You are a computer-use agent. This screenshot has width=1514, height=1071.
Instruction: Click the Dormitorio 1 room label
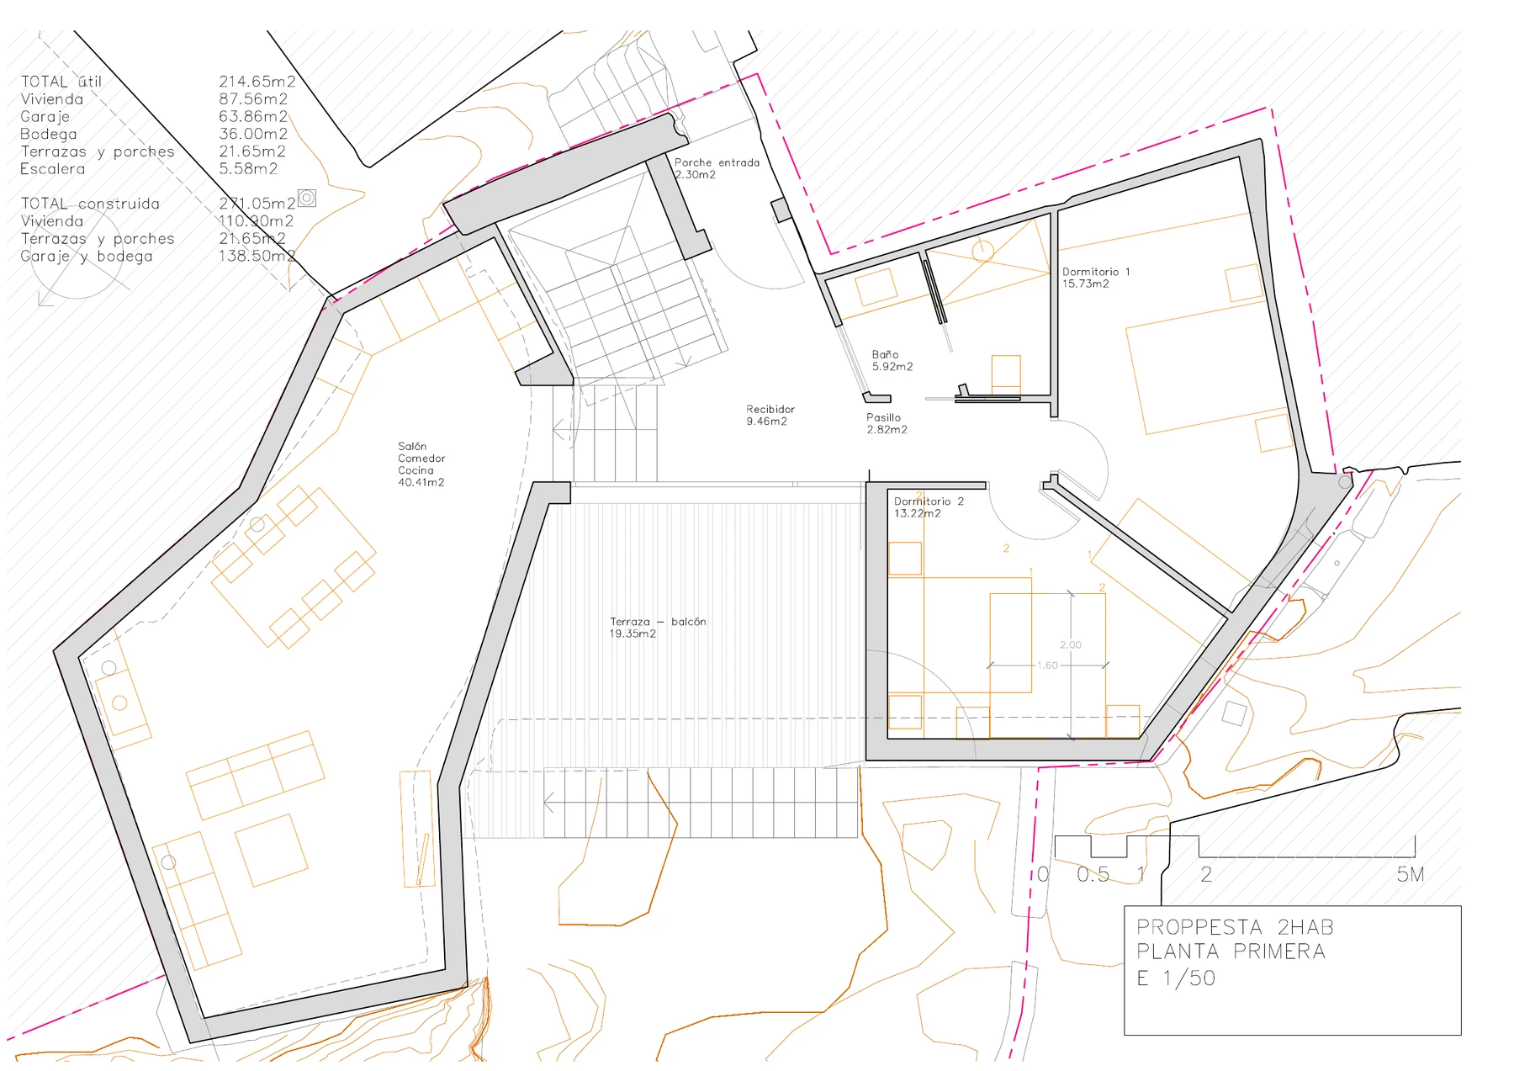1096,272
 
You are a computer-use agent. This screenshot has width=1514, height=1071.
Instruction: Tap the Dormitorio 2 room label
929,501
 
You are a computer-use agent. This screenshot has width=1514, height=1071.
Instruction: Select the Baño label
885,355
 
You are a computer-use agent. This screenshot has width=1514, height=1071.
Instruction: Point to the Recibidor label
770,410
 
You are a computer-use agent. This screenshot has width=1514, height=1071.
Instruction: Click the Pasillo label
883,417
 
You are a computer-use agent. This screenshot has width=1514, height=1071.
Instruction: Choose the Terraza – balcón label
658,622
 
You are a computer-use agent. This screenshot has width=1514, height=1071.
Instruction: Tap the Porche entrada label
717,162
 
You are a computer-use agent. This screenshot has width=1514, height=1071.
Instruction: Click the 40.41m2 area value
421,482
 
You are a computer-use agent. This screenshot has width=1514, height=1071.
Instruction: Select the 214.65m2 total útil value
257,82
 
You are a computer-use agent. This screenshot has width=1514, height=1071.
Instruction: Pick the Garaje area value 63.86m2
253,116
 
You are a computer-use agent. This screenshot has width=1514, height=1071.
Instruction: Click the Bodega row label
49,134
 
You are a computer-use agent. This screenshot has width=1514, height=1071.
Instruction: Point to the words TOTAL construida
90,204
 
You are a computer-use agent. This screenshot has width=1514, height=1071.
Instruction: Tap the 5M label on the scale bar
1411,875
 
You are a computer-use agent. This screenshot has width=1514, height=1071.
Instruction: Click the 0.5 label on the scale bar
1093,875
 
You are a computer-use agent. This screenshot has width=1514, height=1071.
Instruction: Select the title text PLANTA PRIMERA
1231,952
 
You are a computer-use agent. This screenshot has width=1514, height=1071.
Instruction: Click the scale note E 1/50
1176,978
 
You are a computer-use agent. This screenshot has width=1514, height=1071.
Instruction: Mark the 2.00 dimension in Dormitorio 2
1071,645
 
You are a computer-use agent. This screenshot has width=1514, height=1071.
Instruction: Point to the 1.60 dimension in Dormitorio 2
1047,665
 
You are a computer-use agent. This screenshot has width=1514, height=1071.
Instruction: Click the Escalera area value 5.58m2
248,168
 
